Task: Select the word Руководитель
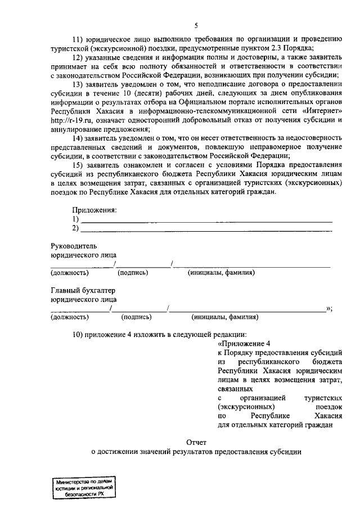tap(74, 246)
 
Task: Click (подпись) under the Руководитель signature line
tap(132, 273)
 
